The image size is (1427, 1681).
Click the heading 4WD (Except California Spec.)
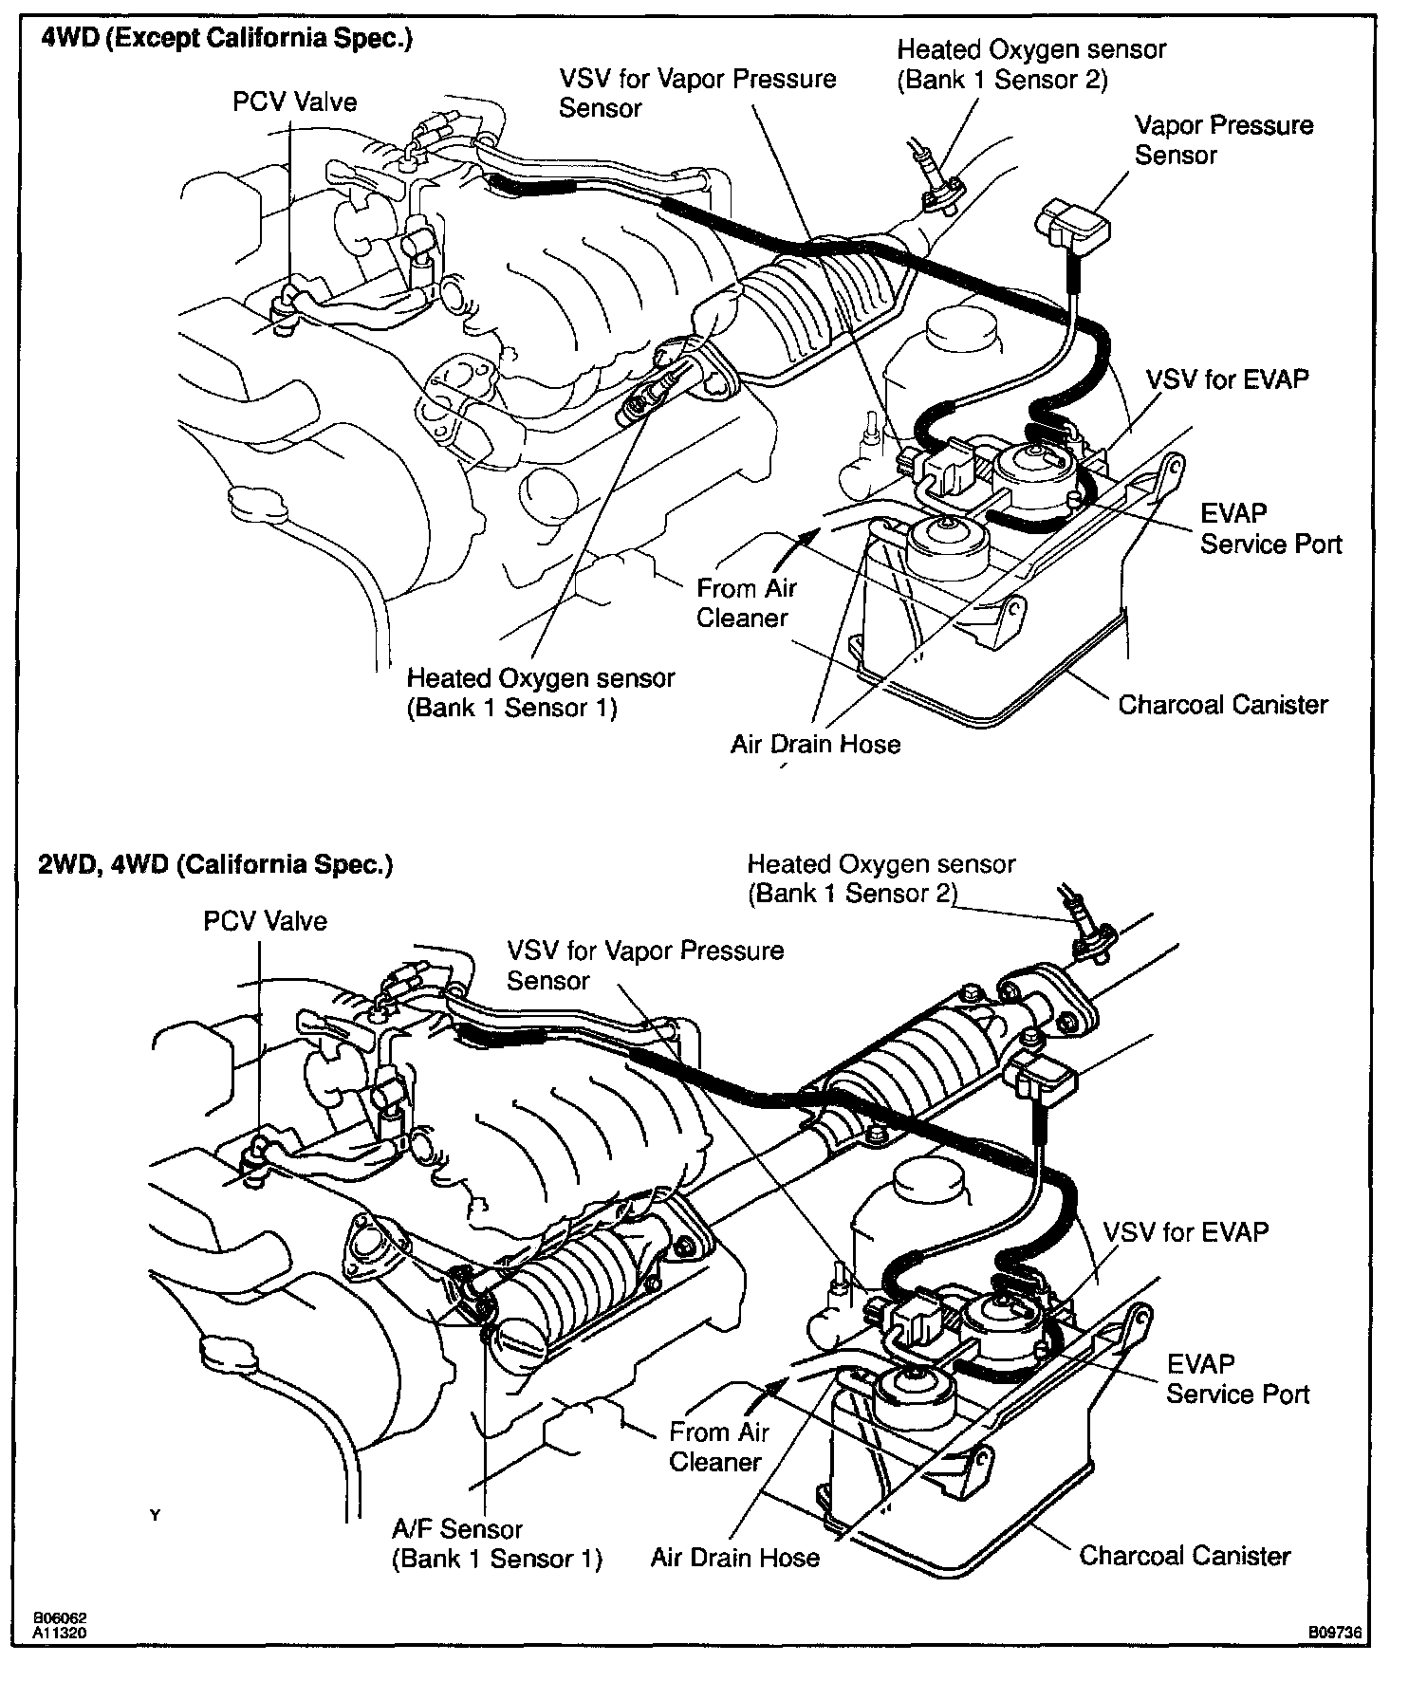coord(226,41)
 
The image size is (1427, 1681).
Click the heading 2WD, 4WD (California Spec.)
coord(215,864)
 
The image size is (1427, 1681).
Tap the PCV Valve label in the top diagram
coord(295,102)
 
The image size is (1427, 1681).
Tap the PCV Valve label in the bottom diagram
coord(266,921)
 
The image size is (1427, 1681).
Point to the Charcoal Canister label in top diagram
coord(1222,705)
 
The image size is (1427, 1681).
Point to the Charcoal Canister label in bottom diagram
coord(1185,1556)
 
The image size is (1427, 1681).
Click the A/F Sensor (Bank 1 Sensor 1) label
coord(496,1543)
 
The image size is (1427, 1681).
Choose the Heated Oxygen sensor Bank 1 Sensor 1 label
coord(540,693)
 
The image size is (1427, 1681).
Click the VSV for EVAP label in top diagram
coord(1228,379)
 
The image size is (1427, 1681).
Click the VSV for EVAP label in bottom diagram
coord(1185,1232)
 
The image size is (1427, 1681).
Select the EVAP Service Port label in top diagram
coord(1270,528)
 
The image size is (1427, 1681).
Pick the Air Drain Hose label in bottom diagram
coord(734,1558)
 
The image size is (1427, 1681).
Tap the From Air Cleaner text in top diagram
coord(746,603)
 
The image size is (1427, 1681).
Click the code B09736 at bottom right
coord(1335,1633)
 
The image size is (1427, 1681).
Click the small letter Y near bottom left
coord(156,1516)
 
